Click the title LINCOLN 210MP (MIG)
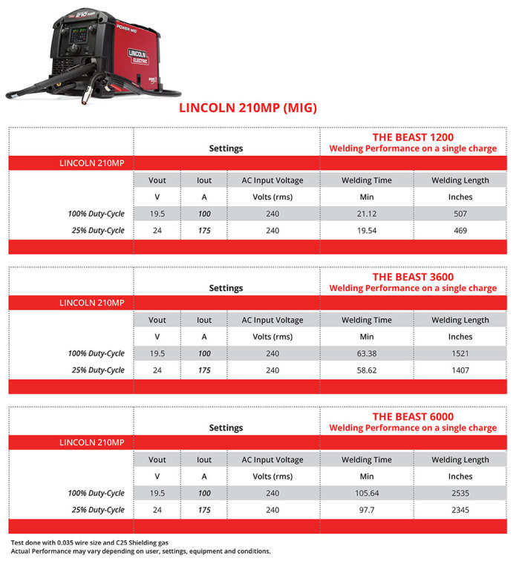coord(248,108)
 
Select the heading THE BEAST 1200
coord(413,137)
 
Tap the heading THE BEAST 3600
coord(413,277)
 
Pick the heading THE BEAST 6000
coord(413,416)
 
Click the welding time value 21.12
coord(367,214)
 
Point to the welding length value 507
coord(460,214)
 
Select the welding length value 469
coord(460,231)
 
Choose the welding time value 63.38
coord(367,353)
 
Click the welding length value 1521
coord(460,353)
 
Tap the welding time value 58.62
coord(367,370)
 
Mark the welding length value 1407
coord(460,370)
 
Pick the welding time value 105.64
coord(367,493)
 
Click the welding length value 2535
coord(460,493)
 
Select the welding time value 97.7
coord(367,510)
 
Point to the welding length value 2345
coord(460,510)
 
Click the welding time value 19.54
coord(367,231)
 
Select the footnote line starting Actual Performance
coord(140,551)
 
